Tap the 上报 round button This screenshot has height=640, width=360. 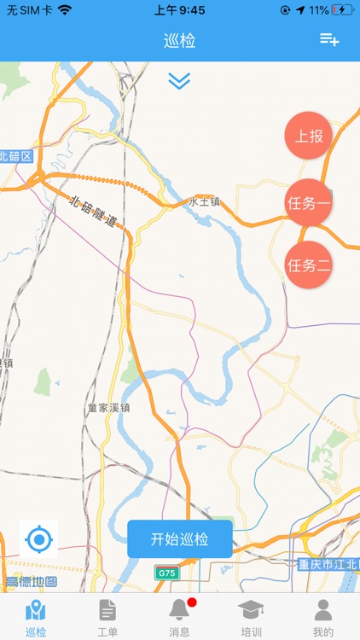click(308, 136)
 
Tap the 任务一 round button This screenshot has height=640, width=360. click(308, 203)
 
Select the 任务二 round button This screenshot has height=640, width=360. click(308, 265)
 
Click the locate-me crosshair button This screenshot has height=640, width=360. click(38, 539)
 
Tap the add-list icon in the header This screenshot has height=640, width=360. click(329, 39)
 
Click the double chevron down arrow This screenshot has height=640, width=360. click(179, 81)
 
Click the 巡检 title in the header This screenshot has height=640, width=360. click(180, 40)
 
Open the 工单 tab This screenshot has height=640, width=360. click(107, 617)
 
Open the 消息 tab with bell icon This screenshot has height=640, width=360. click(179, 617)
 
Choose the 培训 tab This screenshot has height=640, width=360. click(251, 617)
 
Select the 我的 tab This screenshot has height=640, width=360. click(322, 617)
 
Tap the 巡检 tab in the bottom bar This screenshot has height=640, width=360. click(36, 617)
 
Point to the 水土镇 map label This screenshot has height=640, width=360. click(204, 201)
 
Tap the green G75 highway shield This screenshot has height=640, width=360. click(165, 573)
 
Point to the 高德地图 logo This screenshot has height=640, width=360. click(31, 582)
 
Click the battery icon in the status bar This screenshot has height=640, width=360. click(343, 10)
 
